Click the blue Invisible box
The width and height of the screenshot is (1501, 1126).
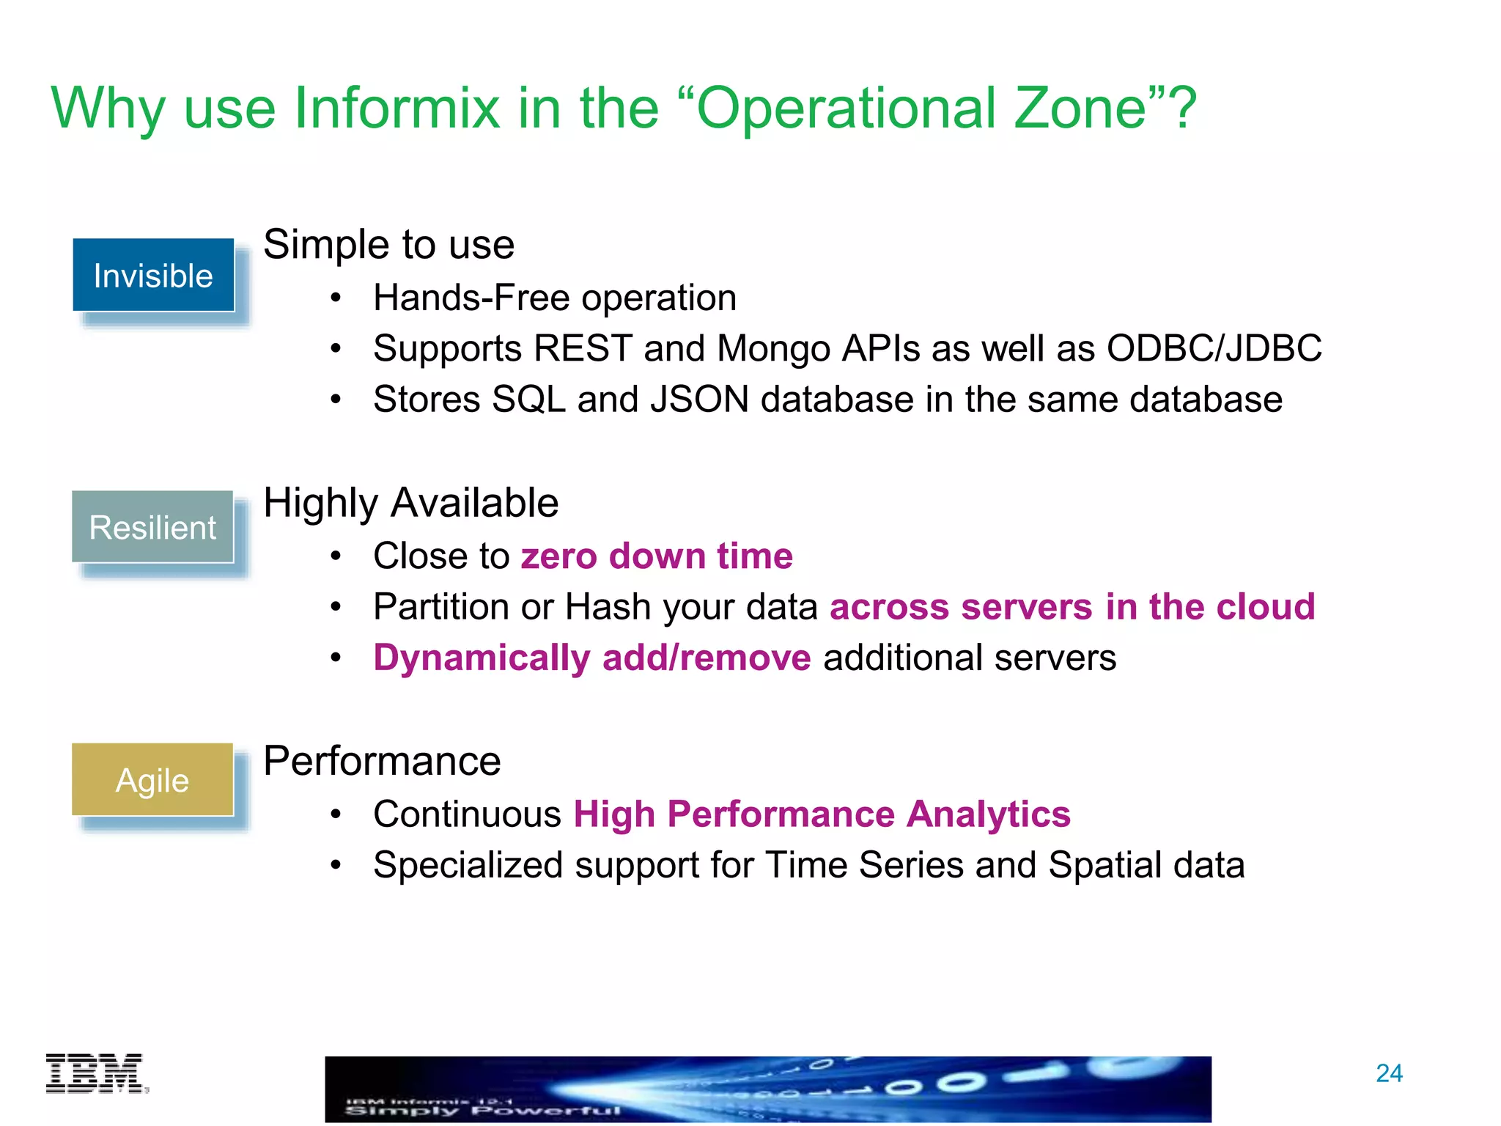[x=153, y=276]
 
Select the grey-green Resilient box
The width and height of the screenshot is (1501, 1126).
[x=152, y=527]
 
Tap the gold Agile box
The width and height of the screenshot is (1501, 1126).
[x=152, y=780]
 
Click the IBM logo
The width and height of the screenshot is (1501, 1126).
[x=96, y=1073]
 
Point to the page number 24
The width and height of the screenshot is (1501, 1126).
[x=1389, y=1073]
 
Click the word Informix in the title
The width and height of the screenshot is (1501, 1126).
[x=397, y=108]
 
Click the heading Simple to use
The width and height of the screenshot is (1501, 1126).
[x=388, y=244]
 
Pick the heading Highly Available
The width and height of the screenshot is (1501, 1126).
[x=410, y=503]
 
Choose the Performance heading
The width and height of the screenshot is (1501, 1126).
[x=382, y=761]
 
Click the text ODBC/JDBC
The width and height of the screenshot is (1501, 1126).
[x=1214, y=348]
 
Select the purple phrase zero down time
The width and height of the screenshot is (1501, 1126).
[x=657, y=556]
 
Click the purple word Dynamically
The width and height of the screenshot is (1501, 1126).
[x=482, y=658]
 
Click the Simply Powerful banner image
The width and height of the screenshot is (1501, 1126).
[x=767, y=1089]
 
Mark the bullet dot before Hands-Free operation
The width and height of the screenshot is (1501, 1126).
[x=336, y=298]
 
